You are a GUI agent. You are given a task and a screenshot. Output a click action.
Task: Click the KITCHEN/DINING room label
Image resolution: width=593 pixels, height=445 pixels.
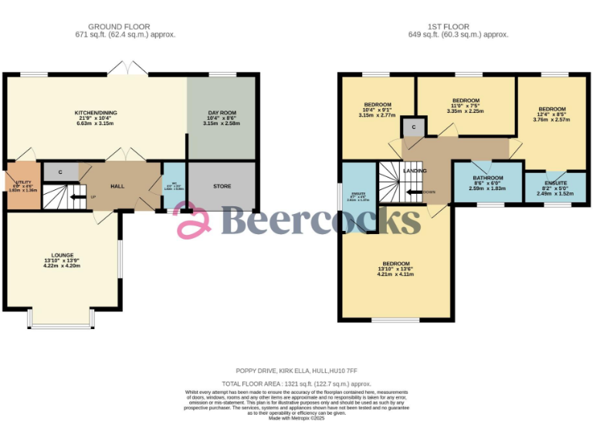pyautogui.click(x=96, y=112)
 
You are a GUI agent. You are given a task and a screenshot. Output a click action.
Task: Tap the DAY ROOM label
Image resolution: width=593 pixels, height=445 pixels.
pyautogui.click(x=222, y=113)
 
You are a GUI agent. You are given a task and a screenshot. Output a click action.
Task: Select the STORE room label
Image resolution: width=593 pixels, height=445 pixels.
pyautogui.click(x=222, y=186)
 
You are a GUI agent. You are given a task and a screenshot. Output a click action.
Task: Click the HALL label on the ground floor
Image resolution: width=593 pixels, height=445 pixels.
pyautogui.click(x=117, y=186)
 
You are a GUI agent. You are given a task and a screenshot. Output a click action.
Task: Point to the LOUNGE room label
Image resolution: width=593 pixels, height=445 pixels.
pyautogui.click(x=63, y=255)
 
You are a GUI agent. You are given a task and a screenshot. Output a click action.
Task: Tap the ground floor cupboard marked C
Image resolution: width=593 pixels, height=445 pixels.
pyautogui.click(x=59, y=172)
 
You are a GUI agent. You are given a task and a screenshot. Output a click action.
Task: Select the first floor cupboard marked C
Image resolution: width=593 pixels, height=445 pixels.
pyautogui.click(x=414, y=127)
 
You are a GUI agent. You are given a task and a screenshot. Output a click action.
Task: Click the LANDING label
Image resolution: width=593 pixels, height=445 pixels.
pyautogui.click(x=415, y=171)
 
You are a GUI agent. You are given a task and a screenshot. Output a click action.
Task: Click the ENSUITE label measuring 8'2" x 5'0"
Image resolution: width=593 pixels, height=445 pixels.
pyautogui.click(x=555, y=183)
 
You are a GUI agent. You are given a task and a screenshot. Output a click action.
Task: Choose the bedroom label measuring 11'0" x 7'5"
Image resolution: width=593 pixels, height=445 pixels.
pyautogui.click(x=466, y=101)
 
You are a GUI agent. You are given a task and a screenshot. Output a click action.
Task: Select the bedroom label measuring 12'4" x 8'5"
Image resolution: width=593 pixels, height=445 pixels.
pyautogui.click(x=551, y=109)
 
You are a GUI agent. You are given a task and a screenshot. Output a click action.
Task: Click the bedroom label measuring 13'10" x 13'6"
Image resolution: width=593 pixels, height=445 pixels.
pyautogui.click(x=395, y=263)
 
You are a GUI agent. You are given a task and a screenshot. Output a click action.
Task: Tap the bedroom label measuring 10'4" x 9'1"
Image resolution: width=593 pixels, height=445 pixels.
pyautogui.click(x=378, y=105)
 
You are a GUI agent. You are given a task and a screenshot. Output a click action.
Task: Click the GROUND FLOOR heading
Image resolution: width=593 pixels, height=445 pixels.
pyautogui.click(x=124, y=27)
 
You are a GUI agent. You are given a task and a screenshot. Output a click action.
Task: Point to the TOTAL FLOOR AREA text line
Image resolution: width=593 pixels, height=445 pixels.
pyautogui.click(x=296, y=383)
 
